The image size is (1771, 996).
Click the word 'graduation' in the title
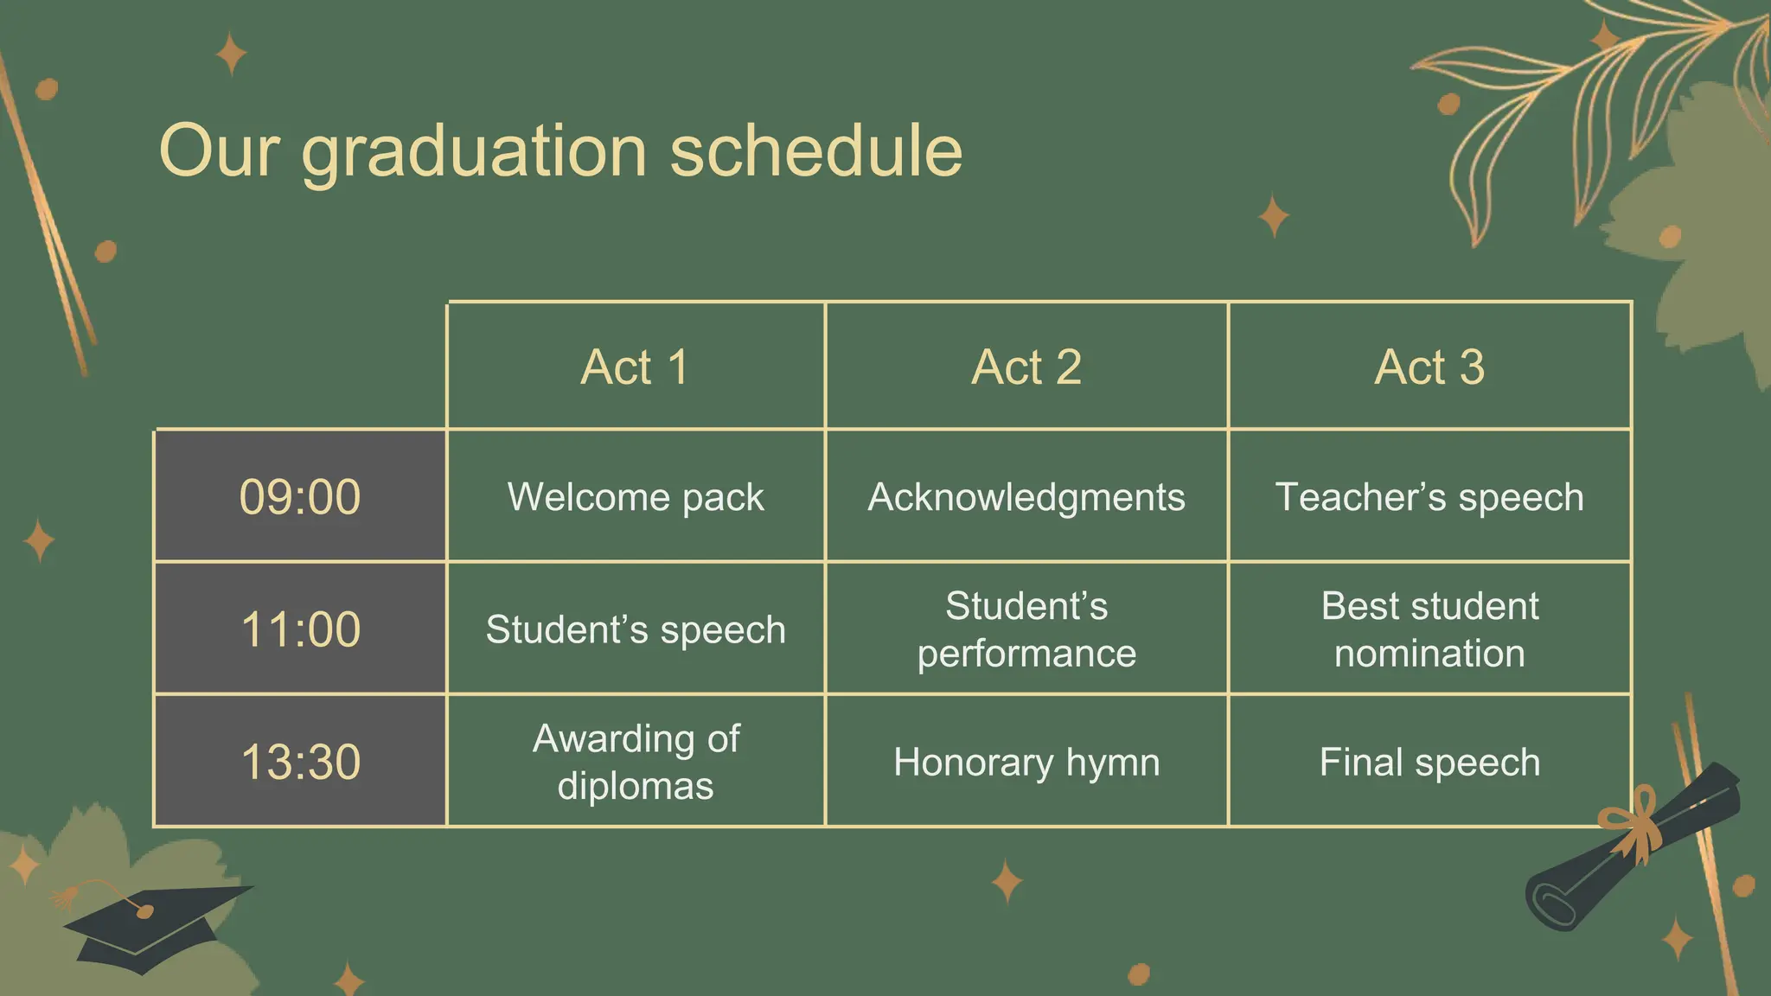click(x=474, y=152)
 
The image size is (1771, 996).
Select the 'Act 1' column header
click(x=636, y=367)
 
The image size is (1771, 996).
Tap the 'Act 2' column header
click(x=1026, y=367)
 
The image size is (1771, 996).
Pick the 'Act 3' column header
click(x=1429, y=367)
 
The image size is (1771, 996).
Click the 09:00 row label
click(x=300, y=497)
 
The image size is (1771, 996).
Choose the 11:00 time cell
click(x=300, y=629)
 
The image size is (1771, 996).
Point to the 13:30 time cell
click(x=300, y=762)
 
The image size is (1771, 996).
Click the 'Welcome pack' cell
click(x=636, y=497)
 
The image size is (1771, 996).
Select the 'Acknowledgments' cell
click(x=1026, y=497)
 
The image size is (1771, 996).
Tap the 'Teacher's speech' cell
click(x=1429, y=497)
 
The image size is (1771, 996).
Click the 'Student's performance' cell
click(x=1026, y=629)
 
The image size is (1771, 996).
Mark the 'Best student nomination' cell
click(x=1429, y=629)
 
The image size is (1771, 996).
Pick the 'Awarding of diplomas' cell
click(x=636, y=762)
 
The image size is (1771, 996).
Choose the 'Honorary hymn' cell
click(x=1026, y=762)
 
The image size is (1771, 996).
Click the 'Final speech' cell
click(x=1429, y=762)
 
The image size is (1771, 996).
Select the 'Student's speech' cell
click(x=636, y=629)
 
